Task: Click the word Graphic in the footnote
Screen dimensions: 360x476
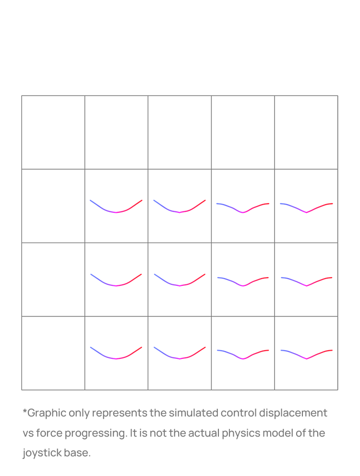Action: (47, 413)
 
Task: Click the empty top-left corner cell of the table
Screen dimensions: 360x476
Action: (53, 133)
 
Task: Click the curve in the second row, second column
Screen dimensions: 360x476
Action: (116, 212)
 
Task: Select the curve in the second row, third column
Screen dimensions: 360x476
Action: (180, 212)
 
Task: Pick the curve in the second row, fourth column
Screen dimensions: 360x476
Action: (242, 212)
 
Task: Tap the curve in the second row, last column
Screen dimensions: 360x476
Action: (306, 212)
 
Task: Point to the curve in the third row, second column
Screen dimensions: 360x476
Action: (116, 286)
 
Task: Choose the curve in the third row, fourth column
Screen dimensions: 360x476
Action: (242, 286)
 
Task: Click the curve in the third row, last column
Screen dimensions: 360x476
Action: (307, 286)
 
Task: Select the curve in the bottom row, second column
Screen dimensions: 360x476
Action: (116, 359)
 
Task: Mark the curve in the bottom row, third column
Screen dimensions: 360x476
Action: (180, 359)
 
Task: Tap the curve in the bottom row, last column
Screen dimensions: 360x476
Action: (307, 359)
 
